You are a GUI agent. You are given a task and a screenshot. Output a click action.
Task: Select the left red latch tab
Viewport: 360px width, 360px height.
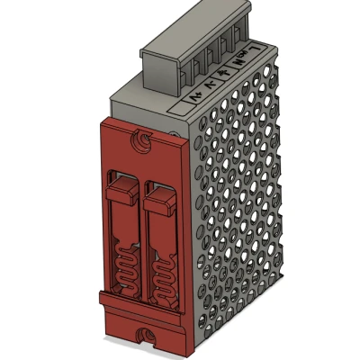click(x=122, y=193)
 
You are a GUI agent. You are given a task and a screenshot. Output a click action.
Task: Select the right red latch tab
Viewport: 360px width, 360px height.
click(x=160, y=199)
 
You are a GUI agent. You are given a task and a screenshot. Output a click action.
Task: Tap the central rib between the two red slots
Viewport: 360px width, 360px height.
click(x=142, y=234)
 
